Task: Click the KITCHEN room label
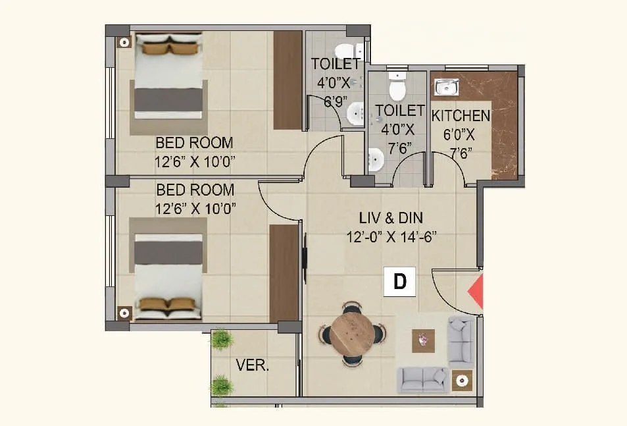tap(461, 116)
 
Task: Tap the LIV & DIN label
tap(391, 218)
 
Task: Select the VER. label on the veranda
tap(253, 366)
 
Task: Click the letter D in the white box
tap(400, 282)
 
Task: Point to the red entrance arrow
tap(476, 292)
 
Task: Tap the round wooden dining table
tap(351, 333)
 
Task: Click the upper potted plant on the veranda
tap(222, 339)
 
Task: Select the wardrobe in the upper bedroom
tap(288, 80)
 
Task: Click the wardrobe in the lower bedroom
tap(284, 273)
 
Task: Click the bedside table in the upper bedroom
tap(123, 42)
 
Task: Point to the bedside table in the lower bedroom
tap(123, 313)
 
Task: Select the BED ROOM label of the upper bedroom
tap(194, 142)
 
